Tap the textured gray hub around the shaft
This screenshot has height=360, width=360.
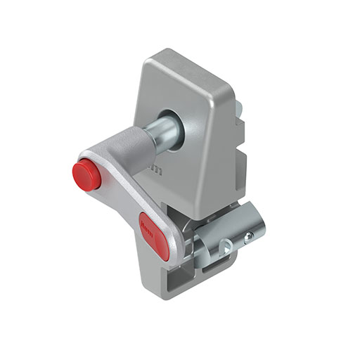click(x=138, y=148)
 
